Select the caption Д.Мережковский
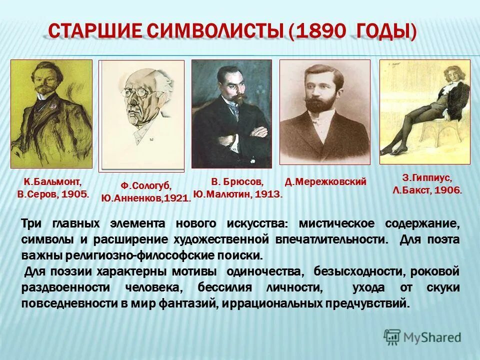click(325, 182)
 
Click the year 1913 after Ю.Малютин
click(268, 194)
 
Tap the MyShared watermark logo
click(422, 337)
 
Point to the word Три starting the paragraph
click(31, 223)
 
